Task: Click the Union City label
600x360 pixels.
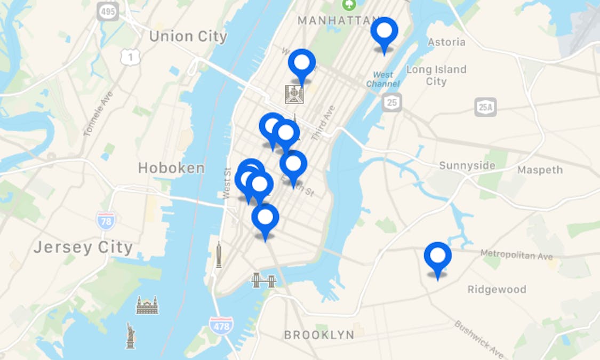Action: click(x=188, y=37)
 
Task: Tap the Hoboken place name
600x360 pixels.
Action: click(x=171, y=169)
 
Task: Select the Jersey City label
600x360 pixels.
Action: click(x=83, y=247)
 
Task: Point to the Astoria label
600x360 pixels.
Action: click(x=446, y=42)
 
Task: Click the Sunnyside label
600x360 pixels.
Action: click(x=467, y=166)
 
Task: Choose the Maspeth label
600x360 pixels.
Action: click(x=540, y=170)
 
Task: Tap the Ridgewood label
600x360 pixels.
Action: click(x=497, y=290)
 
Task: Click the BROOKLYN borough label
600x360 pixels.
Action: click(x=319, y=335)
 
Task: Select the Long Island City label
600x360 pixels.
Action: click(x=436, y=75)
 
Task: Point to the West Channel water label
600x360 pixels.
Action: click(x=382, y=79)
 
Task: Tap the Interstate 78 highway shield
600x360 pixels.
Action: click(x=106, y=220)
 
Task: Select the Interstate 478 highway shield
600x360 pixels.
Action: click(x=221, y=325)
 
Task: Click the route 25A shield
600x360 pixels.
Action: click(x=485, y=107)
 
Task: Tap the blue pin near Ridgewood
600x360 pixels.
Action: click(x=438, y=257)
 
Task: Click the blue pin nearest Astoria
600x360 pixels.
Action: click(x=384, y=31)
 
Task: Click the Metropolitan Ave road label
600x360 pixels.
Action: click(x=516, y=255)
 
